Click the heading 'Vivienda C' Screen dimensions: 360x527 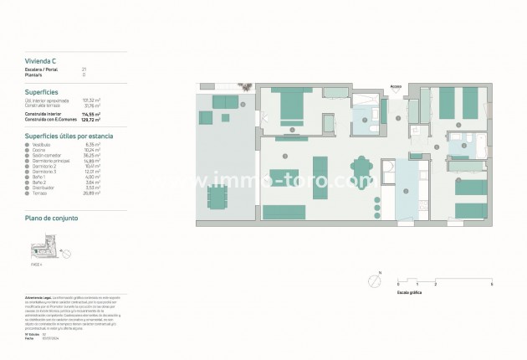click(41, 61)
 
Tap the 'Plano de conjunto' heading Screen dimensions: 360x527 click(52, 218)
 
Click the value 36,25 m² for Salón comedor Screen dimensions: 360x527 click(92, 155)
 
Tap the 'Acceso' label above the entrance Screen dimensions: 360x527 click(396, 85)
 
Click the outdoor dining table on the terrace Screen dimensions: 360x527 click(217, 200)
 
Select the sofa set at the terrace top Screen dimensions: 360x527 click(224, 103)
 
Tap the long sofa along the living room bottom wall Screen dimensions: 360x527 click(284, 212)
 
